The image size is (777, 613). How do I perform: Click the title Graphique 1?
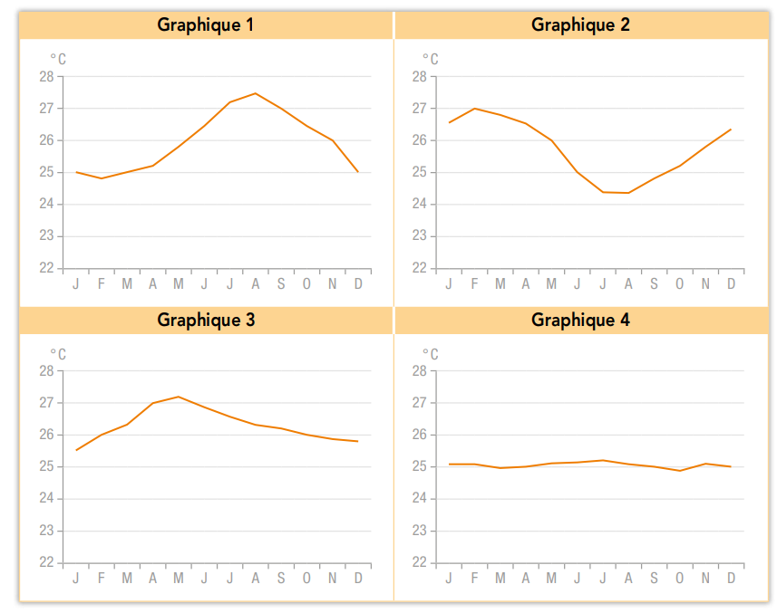tap(206, 24)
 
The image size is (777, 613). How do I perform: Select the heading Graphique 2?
tap(580, 24)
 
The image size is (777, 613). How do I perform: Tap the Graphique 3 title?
tap(206, 320)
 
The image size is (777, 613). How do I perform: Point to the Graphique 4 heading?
tap(580, 320)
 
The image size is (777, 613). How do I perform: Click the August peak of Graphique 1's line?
tap(256, 93)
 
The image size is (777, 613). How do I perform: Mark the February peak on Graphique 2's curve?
tap(474, 109)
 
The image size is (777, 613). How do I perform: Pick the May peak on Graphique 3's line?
tap(179, 397)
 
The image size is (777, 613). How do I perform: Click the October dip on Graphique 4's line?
tap(679, 471)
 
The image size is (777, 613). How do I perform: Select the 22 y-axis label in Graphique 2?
tap(420, 268)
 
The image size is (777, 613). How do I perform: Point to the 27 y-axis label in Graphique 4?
tap(420, 403)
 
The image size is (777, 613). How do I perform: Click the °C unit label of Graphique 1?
tap(58, 60)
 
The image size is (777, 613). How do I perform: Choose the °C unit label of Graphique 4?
tap(430, 355)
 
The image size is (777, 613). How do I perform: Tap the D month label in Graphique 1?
tap(358, 284)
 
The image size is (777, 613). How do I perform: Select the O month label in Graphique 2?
tap(679, 284)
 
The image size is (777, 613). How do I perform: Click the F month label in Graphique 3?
tap(102, 579)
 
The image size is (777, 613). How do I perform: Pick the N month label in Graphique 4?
tap(705, 579)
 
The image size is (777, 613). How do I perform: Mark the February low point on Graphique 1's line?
tap(102, 178)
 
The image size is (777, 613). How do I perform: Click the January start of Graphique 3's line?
tap(76, 450)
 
